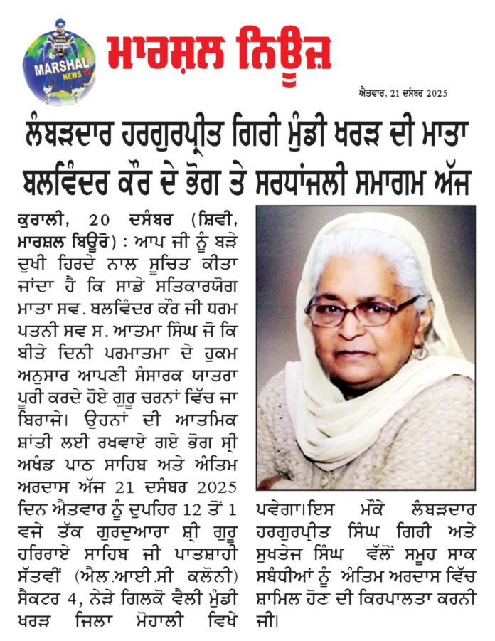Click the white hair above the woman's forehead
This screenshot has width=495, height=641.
[x=363, y=253]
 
